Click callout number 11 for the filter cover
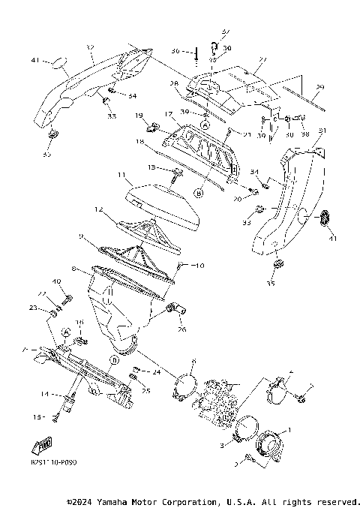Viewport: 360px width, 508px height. click(120, 175)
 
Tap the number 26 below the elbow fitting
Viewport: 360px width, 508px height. click(181, 329)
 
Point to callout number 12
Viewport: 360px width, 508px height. click(97, 209)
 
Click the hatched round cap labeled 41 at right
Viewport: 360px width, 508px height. click(325, 218)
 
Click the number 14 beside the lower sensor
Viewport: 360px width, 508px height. click(45, 394)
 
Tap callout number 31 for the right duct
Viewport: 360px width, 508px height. click(322, 131)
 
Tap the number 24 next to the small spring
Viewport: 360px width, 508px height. click(156, 372)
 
